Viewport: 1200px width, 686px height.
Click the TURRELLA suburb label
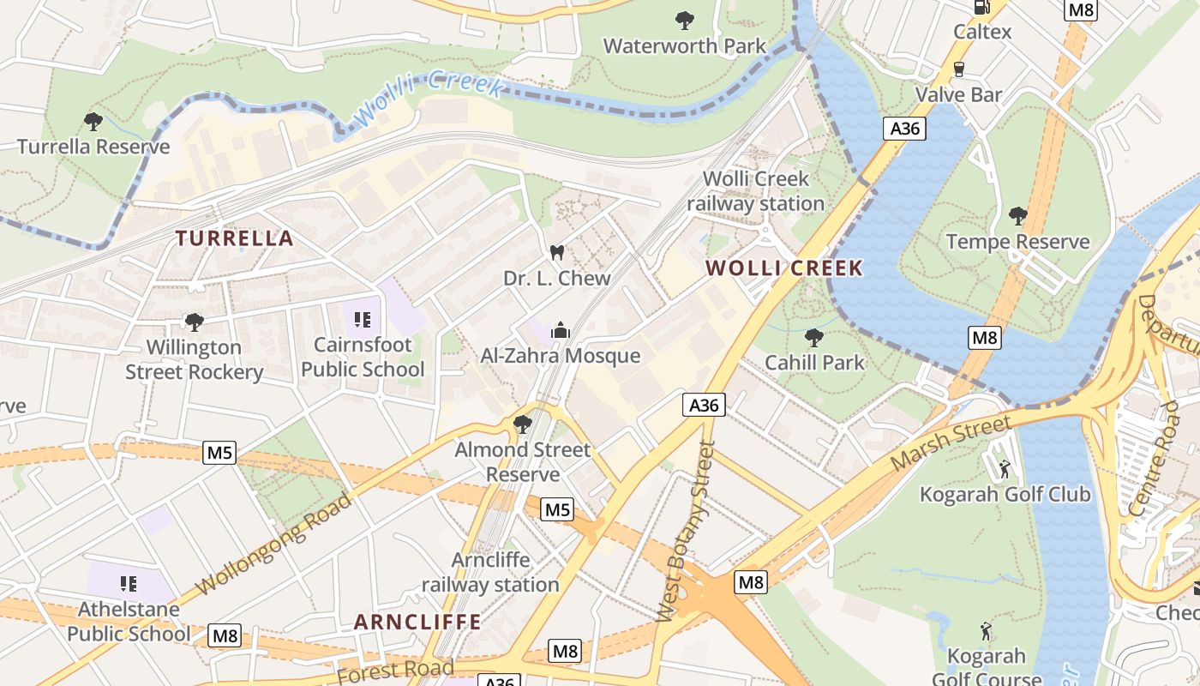pyautogui.click(x=235, y=238)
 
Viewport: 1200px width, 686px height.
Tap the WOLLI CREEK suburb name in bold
pyautogui.click(x=783, y=268)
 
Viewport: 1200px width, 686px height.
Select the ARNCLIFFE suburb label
pyautogui.click(x=417, y=622)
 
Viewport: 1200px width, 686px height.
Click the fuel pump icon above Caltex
pyautogui.click(x=982, y=7)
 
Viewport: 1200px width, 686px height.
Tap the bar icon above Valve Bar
pyautogui.click(x=958, y=69)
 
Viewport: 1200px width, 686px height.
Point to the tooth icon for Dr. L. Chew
pyautogui.click(x=556, y=253)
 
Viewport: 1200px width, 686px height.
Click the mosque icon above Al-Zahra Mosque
pyautogui.click(x=561, y=330)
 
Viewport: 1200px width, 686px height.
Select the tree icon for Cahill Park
pyautogui.click(x=813, y=337)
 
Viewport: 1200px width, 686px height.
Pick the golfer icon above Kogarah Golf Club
pyautogui.click(x=1005, y=469)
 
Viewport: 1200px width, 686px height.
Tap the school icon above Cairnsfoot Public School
pyautogui.click(x=362, y=320)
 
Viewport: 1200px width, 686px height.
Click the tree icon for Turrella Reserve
pyautogui.click(x=93, y=122)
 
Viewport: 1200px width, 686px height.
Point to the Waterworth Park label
pyautogui.click(x=685, y=45)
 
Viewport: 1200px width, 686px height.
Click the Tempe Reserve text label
pyautogui.click(x=1017, y=242)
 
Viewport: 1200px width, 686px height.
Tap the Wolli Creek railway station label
pyautogui.click(x=755, y=191)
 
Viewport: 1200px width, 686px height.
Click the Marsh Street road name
pyautogui.click(x=951, y=443)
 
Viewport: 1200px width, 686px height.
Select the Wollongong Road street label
pyautogui.click(x=273, y=545)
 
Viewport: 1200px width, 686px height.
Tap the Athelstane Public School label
pyautogui.click(x=129, y=622)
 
